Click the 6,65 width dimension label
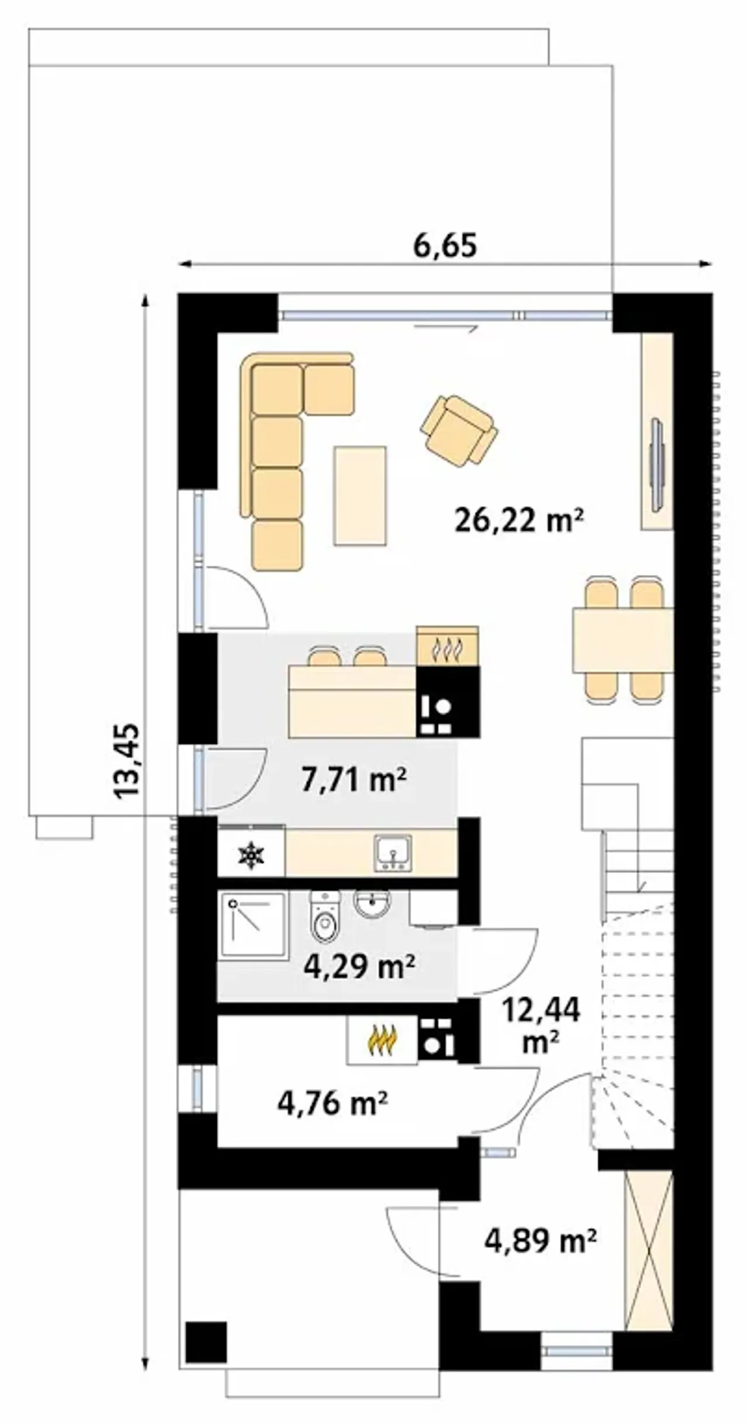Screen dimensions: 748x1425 coord(445,245)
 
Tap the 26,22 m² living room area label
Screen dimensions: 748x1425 coord(520,521)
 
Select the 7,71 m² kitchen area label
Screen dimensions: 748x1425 coord(354,779)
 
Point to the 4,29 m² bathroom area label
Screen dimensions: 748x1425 coord(359,966)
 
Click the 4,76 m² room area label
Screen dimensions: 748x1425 coord(333,1104)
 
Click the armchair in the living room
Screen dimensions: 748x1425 coord(459,432)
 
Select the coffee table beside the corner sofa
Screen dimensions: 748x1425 coord(360,495)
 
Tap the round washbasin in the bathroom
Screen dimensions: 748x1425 coord(372,904)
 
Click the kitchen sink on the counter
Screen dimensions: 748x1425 coord(393,853)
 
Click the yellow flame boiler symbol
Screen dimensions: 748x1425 coord(382,1040)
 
